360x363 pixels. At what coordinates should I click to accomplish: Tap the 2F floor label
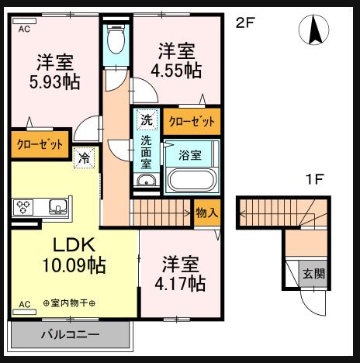(x=245, y=22)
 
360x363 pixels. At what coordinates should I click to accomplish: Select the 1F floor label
(x=313, y=180)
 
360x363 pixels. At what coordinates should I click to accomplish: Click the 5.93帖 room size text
(x=54, y=81)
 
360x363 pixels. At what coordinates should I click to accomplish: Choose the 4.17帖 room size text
(x=179, y=283)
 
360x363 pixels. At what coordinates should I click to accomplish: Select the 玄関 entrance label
(x=313, y=273)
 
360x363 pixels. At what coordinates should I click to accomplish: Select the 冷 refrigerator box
(x=84, y=156)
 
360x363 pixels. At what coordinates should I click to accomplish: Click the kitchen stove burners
(x=23, y=207)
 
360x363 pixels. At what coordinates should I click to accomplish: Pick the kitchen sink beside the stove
(x=57, y=207)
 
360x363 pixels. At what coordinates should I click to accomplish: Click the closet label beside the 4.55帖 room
(x=192, y=121)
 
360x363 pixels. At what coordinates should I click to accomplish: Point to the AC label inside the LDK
(x=23, y=303)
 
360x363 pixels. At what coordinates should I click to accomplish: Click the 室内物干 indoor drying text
(x=68, y=303)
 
